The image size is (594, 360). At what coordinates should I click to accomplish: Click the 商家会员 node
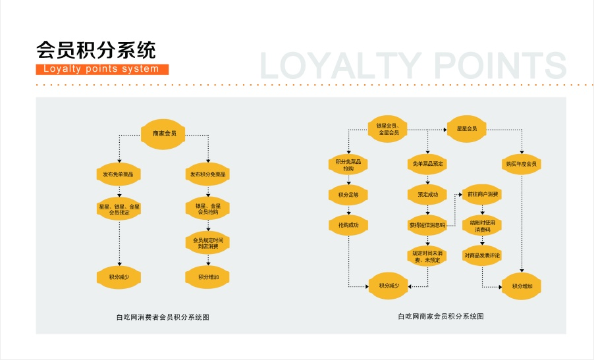click(x=164, y=134)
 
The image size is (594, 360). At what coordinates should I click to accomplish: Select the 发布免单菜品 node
click(x=119, y=174)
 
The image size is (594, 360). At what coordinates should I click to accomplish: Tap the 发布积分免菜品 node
click(x=207, y=174)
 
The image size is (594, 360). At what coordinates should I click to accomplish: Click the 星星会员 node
click(x=467, y=128)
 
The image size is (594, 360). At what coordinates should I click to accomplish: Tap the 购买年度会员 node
click(x=521, y=163)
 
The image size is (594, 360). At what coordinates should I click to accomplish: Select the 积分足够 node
click(x=348, y=195)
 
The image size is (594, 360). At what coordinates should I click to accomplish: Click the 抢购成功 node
click(x=348, y=226)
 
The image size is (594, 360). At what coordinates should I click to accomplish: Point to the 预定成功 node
click(x=427, y=195)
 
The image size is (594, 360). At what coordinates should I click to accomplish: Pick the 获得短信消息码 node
click(x=427, y=225)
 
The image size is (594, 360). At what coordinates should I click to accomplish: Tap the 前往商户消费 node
click(x=483, y=194)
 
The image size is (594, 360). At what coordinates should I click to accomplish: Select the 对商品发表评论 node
click(x=483, y=255)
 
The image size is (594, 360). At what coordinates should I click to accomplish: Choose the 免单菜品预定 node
click(x=427, y=163)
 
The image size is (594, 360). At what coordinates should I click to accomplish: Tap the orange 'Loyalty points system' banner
click(x=102, y=69)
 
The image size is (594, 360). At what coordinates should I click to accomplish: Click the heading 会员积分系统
click(x=96, y=50)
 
